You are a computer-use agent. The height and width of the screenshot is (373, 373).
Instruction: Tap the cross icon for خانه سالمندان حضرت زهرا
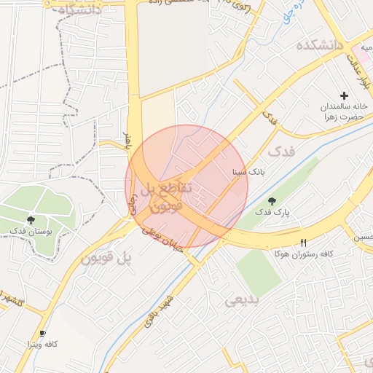point(345,96)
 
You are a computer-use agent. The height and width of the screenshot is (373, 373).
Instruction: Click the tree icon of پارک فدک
point(272,200)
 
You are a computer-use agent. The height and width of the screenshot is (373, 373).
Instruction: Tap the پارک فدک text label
point(272,212)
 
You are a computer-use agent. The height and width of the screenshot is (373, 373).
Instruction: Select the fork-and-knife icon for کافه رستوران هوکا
point(304,243)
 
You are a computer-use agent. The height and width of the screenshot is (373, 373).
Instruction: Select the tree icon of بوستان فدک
point(31,219)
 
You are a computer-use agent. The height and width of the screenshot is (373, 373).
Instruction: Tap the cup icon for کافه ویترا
point(42,333)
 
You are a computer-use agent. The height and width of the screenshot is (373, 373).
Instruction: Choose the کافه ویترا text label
point(42,343)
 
